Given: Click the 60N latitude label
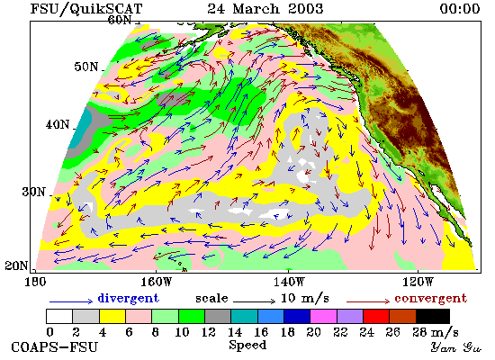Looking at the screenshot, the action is coord(120,20).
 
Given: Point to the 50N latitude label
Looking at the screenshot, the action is coord(86,67).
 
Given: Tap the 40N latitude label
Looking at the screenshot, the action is coord(58,124).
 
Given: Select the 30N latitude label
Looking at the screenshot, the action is coord(34,192).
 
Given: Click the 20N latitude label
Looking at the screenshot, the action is coord(16,265).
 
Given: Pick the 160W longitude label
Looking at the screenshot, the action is coord(156,282).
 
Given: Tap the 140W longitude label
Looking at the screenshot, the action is coord(289,282).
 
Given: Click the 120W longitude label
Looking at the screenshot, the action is coord(418,282).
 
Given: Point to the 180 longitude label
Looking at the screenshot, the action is coord(35,282).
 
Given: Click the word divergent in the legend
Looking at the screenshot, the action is coord(128,298).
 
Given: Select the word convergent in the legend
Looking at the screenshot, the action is coord(430,298).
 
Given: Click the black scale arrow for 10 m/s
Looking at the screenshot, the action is coord(255,301).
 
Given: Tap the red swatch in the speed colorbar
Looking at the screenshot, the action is coord(376,317).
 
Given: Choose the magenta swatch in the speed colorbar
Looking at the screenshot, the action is coord(323,317).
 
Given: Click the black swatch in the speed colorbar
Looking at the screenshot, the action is coord(433,317).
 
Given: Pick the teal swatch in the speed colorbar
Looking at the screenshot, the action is coord(244,317).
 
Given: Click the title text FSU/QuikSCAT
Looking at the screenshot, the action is coord(86,8).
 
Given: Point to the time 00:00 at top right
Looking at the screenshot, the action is coord(460,8).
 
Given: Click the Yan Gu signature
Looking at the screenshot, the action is coord(456,347).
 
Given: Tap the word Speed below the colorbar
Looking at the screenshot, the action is coord(247,346).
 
